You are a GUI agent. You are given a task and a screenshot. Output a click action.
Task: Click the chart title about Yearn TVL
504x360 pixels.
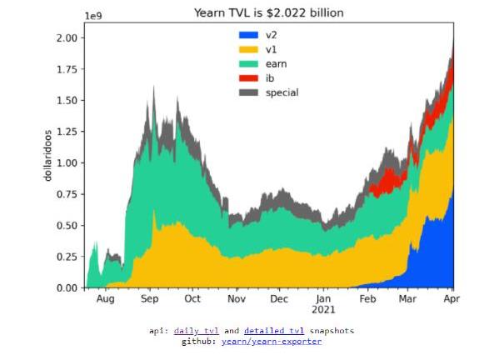click(x=269, y=12)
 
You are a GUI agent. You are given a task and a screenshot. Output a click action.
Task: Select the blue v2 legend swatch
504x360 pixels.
click(x=248, y=35)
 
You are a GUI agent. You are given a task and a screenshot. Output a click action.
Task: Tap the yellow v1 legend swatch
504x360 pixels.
click(x=248, y=49)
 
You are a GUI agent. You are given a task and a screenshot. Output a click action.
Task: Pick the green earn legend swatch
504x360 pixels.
click(x=248, y=63)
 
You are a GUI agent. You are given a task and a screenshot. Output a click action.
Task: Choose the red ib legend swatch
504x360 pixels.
click(x=248, y=77)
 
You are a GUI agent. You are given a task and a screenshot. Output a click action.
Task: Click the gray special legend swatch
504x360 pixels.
click(x=248, y=92)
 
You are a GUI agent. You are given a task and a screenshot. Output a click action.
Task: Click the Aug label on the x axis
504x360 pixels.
click(x=106, y=299)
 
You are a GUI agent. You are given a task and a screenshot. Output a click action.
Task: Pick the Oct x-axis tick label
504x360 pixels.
click(x=192, y=299)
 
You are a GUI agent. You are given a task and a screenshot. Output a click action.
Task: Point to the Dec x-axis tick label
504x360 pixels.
click(x=279, y=299)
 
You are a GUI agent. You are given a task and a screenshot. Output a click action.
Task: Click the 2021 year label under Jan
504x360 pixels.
click(x=323, y=310)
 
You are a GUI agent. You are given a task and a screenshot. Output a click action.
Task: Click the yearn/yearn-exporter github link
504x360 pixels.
click(x=272, y=341)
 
